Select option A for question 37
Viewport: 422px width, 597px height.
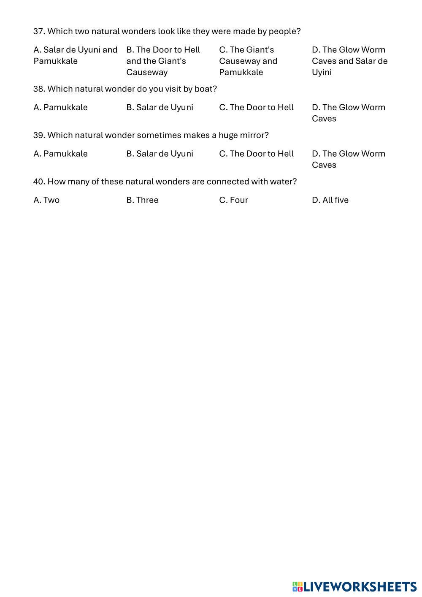75,55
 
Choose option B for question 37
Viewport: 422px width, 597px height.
163,61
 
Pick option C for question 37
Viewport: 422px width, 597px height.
248,61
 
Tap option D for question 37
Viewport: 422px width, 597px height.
349,61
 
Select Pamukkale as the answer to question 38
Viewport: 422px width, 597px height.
60,107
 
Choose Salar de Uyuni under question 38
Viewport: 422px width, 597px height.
160,107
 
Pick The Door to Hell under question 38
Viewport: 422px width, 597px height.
256,107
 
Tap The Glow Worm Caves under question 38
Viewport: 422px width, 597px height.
348,113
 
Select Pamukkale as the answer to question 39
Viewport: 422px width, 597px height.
60,154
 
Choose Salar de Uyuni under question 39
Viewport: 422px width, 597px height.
160,154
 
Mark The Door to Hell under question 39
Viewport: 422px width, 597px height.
256,154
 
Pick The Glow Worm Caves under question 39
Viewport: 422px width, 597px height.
348,159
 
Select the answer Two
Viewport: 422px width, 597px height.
46,200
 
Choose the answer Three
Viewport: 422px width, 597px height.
142,200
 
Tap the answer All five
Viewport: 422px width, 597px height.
330,200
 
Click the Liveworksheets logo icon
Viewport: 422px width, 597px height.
298,586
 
